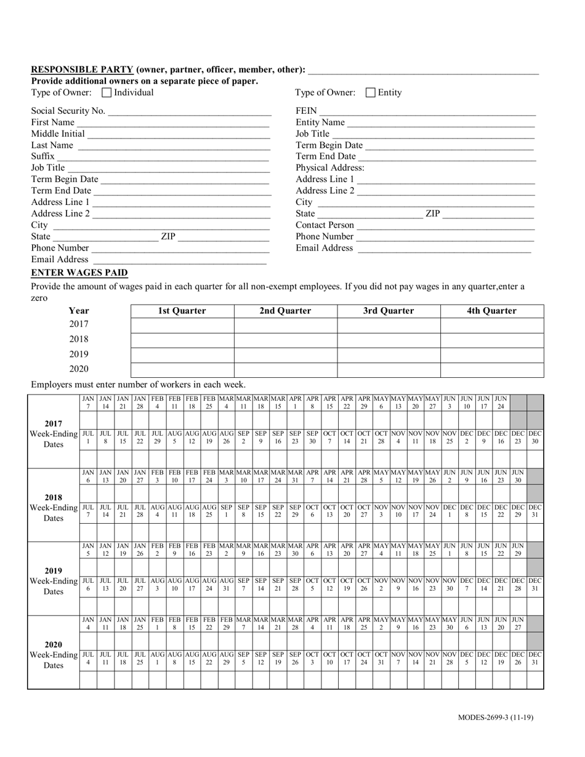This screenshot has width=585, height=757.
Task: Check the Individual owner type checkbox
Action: click(x=107, y=93)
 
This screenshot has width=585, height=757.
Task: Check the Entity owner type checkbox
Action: click(x=371, y=93)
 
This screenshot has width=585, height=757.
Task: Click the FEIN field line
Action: click(x=427, y=111)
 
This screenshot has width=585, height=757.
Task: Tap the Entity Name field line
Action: click(x=441, y=122)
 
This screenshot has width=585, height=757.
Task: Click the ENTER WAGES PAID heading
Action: click(x=79, y=273)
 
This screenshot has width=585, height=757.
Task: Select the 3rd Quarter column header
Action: click(x=389, y=311)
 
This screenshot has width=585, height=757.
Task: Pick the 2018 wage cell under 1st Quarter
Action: click(x=182, y=339)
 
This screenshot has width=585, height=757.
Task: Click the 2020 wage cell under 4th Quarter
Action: click(x=492, y=369)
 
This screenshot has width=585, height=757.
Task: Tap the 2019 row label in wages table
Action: click(x=79, y=354)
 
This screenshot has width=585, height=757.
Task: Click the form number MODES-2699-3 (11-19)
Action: click(x=496, y=718)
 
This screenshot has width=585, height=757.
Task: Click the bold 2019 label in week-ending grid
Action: click(x=53, y=571)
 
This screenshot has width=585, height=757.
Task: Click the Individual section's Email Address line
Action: click(x=179, y=260)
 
